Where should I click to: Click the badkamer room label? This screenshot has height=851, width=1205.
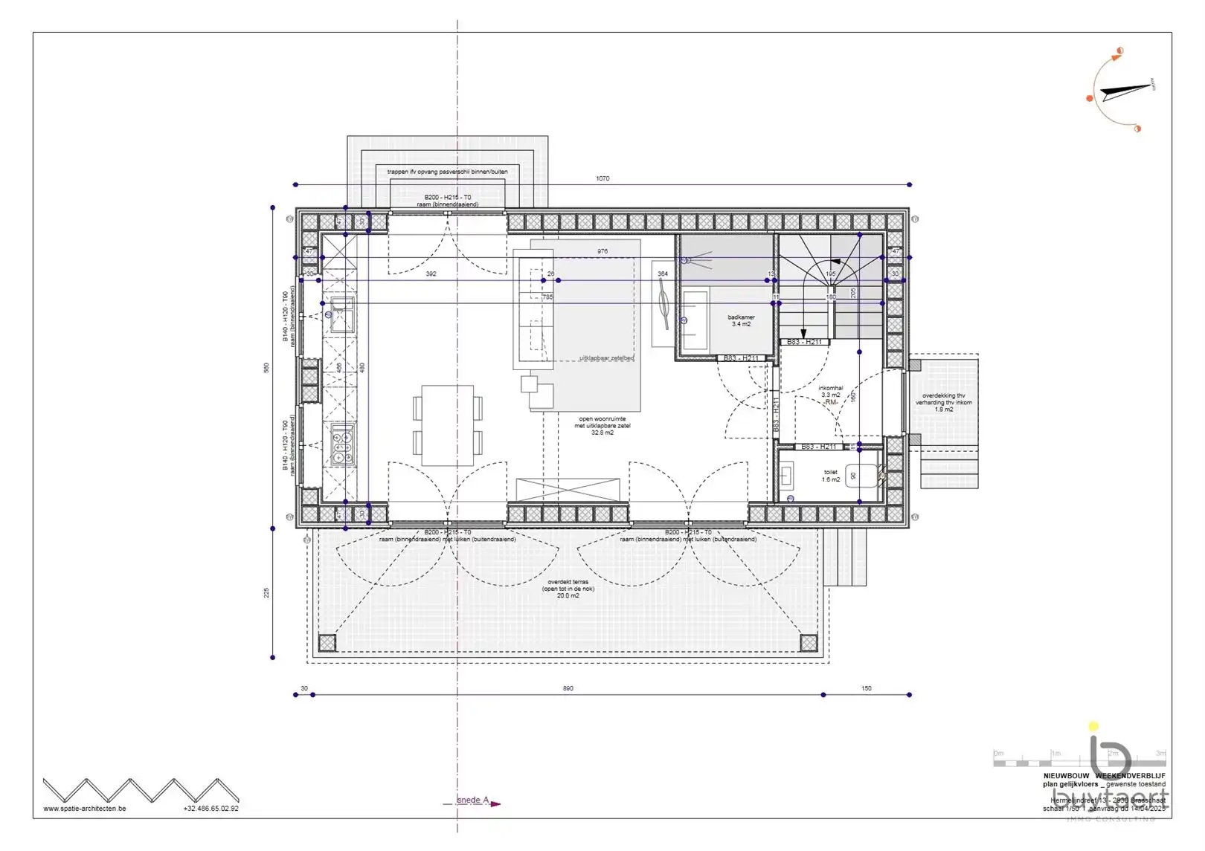coord(741,320)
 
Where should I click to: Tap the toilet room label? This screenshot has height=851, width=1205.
coord(831,476)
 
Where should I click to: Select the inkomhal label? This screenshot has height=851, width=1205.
coord(831,392)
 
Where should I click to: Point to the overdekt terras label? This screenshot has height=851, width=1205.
coord(568,589)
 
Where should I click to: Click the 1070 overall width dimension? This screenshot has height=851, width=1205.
coord(602,178)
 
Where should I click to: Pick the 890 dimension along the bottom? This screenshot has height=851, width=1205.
coord(568,689)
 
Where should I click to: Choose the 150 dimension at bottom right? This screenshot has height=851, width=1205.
coord(867,689)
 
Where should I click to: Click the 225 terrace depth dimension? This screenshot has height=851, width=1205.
coord(266,593)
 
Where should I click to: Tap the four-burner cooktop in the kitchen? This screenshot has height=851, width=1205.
coord(343,444)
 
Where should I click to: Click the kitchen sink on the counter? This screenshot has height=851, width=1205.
coord(343,315)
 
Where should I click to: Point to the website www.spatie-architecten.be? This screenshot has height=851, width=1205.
coord(85,809)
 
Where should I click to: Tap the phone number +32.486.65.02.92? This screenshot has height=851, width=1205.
coord(211,809)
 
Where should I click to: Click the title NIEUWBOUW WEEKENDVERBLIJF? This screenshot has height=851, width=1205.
coord(1104,776)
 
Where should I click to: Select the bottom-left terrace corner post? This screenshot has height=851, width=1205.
coord(327,643)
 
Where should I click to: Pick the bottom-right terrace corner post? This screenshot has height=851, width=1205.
coord(809,643)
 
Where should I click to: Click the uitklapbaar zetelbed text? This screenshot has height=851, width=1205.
coord(606,358)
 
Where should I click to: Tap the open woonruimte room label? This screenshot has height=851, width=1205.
coord(602,426)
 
